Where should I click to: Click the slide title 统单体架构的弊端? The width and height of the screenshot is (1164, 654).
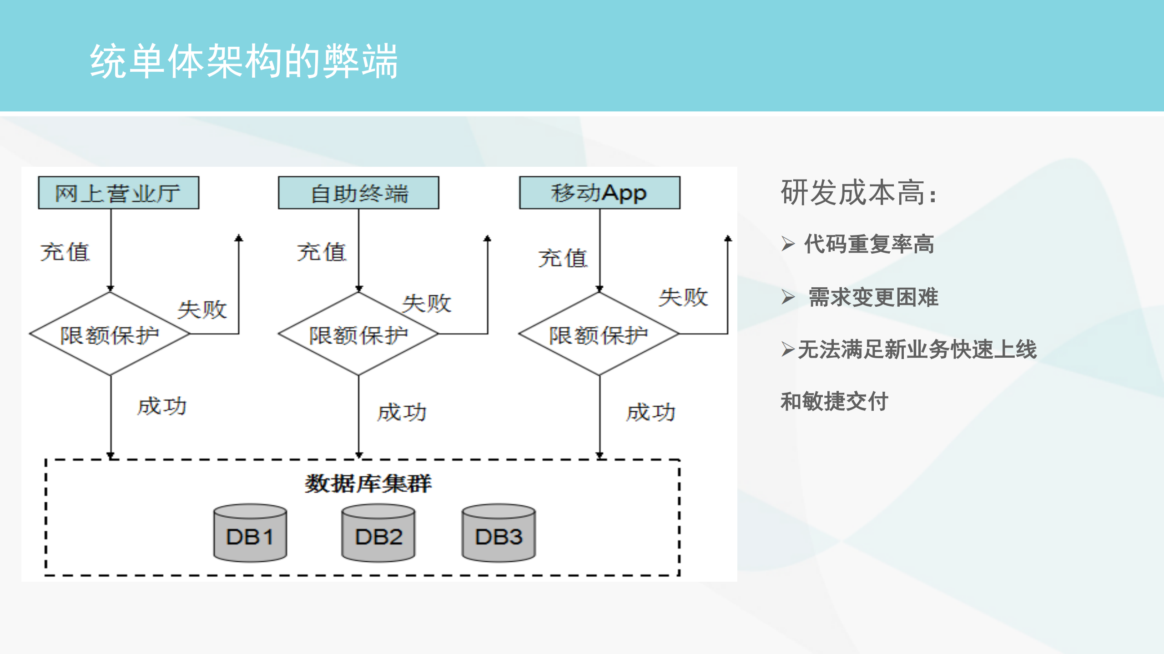244,61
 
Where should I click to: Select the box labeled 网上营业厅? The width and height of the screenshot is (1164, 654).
118,193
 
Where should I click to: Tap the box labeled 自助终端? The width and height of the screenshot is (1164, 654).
358,193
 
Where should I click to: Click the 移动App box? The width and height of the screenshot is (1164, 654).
600,193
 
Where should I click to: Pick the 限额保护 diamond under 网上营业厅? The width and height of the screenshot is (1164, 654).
110,334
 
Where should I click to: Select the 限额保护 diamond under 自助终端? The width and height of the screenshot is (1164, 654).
358,334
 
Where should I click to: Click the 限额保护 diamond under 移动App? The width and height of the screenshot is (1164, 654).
599,334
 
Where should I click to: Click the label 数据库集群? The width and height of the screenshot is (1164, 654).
368,483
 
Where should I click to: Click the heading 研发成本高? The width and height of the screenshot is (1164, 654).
858,193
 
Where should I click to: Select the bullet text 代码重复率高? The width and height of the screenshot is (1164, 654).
869,244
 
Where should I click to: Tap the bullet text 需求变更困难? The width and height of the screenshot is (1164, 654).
873,297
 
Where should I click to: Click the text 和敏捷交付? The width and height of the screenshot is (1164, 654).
834,401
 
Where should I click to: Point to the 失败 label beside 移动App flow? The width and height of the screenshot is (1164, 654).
683,298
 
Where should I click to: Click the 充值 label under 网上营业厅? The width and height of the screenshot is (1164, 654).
65,252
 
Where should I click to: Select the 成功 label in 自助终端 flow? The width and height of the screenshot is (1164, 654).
402,413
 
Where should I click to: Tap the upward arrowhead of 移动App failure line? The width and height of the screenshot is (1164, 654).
728,238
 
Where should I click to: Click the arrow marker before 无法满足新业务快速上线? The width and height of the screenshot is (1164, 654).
788,349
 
